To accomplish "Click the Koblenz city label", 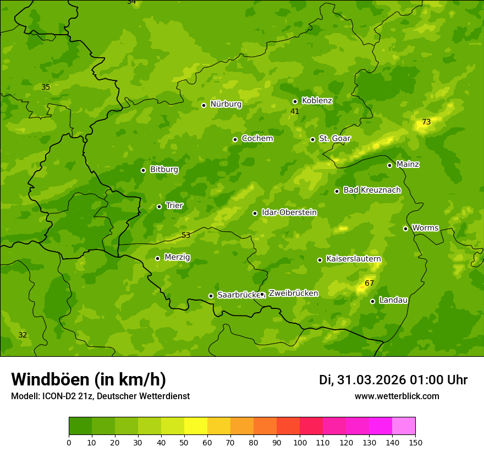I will click(x=317, y=101).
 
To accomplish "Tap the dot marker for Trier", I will click(x=159, y=206).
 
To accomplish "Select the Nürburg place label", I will click(x=226, y=104).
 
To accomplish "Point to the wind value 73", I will click(x=426, y=122).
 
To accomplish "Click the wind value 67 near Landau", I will click(x=369, y=283).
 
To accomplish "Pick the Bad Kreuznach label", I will click(x=372, y=190).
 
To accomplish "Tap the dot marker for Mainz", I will click(x=389, y=165).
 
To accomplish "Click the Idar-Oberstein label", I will click(x=289, y=212).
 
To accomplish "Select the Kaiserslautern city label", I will click(x=353, y=259).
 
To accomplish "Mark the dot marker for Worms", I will click(x=405, y=228).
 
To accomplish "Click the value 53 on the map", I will click(x=186, y=235).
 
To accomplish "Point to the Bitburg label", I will click(x=164, y=170).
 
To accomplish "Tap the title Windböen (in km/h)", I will click(x=89, y=379).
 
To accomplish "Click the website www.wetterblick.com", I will click(x=397, y=396).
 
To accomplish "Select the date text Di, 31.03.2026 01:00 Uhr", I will click(x=393, y=380).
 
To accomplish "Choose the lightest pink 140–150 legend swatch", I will click(x=404, y=426).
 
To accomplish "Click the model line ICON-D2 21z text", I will click(x=100, y=396).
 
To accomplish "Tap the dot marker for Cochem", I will click(x=235, y=139).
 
